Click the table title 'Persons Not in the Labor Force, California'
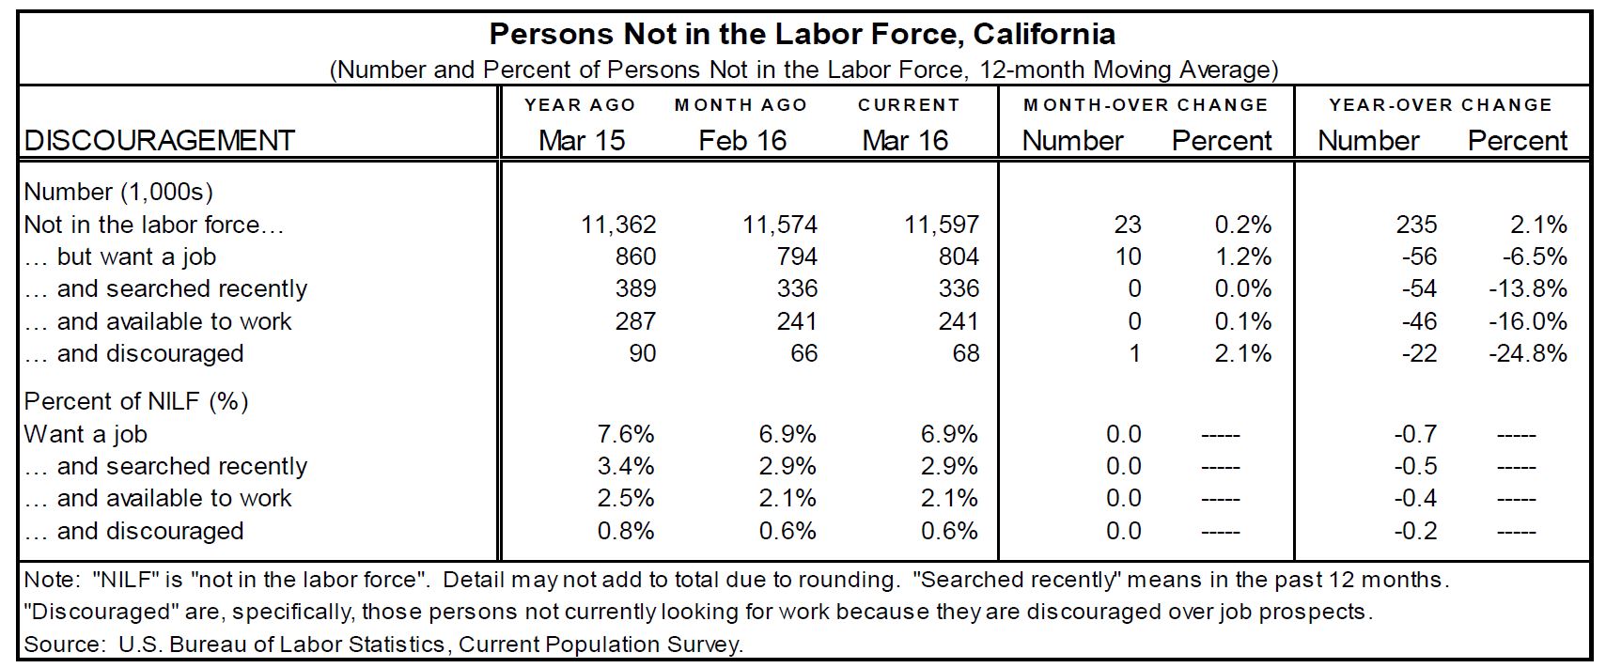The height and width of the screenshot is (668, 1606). pyautogui.click(x=802, y=35)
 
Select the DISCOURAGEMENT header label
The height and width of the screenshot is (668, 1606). pyautogui.click(x=160, y=141)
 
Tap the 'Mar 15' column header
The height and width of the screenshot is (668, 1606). pyautogui.click(x=582, y=141)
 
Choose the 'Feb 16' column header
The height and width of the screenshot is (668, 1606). pyautogui.click(x=742, y=141)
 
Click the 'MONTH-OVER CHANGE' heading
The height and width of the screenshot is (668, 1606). pyautogui.click(x=1146, y=105)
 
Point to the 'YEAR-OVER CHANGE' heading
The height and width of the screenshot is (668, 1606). pyautogui.click(x=1441, y=105)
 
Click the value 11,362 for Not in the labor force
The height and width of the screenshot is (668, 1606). pyautogui.click(x=618, y=225)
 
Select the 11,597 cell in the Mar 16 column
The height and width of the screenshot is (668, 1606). pyautogui.click(x=942, y=225)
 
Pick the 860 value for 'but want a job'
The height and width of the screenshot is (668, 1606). pyautogui.click(x=635, y=257)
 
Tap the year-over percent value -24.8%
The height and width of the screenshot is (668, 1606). pyautogui.click(x=1528, y=354)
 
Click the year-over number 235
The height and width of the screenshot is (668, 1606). pyautogui.click(x=1416, y=225)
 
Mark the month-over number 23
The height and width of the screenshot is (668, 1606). pyautogui.click(x=1127, y=225)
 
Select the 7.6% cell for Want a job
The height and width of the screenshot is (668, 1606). pyautogui.click(x=626, y=435)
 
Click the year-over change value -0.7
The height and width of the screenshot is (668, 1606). pyautogui.click(x=1415, y=435)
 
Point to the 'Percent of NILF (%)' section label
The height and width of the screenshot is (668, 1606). pyautogui.click(x=136, y=402)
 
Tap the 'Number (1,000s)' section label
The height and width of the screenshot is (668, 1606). pyautogui.click(x=118, y=193)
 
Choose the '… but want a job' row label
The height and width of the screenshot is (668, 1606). pyautogui.click(x=120, y=257)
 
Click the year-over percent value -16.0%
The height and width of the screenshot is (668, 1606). pyautogui.click(x=1528, y=322)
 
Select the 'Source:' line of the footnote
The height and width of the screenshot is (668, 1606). pyautogui.click(x=383, y=645)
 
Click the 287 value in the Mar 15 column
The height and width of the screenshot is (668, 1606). pyautogui.click(x=635, y=322)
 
